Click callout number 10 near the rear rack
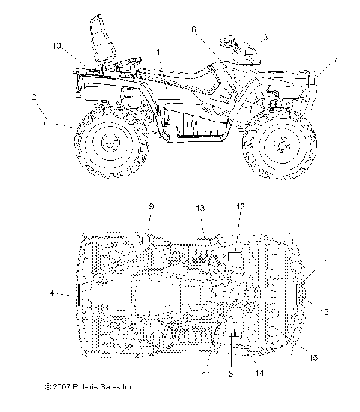pyautogui.click(x=58, y=47)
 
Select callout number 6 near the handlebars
pyautogui.click(x=193, y=30)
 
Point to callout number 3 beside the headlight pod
pyautogui.click(x=264, y=35)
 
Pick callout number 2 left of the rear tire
pyautogui.click(x=33, y=97)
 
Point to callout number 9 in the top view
pyautogui.click(x=150, y=206)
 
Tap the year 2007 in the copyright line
pyautogui.click(x=64, y=387)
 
